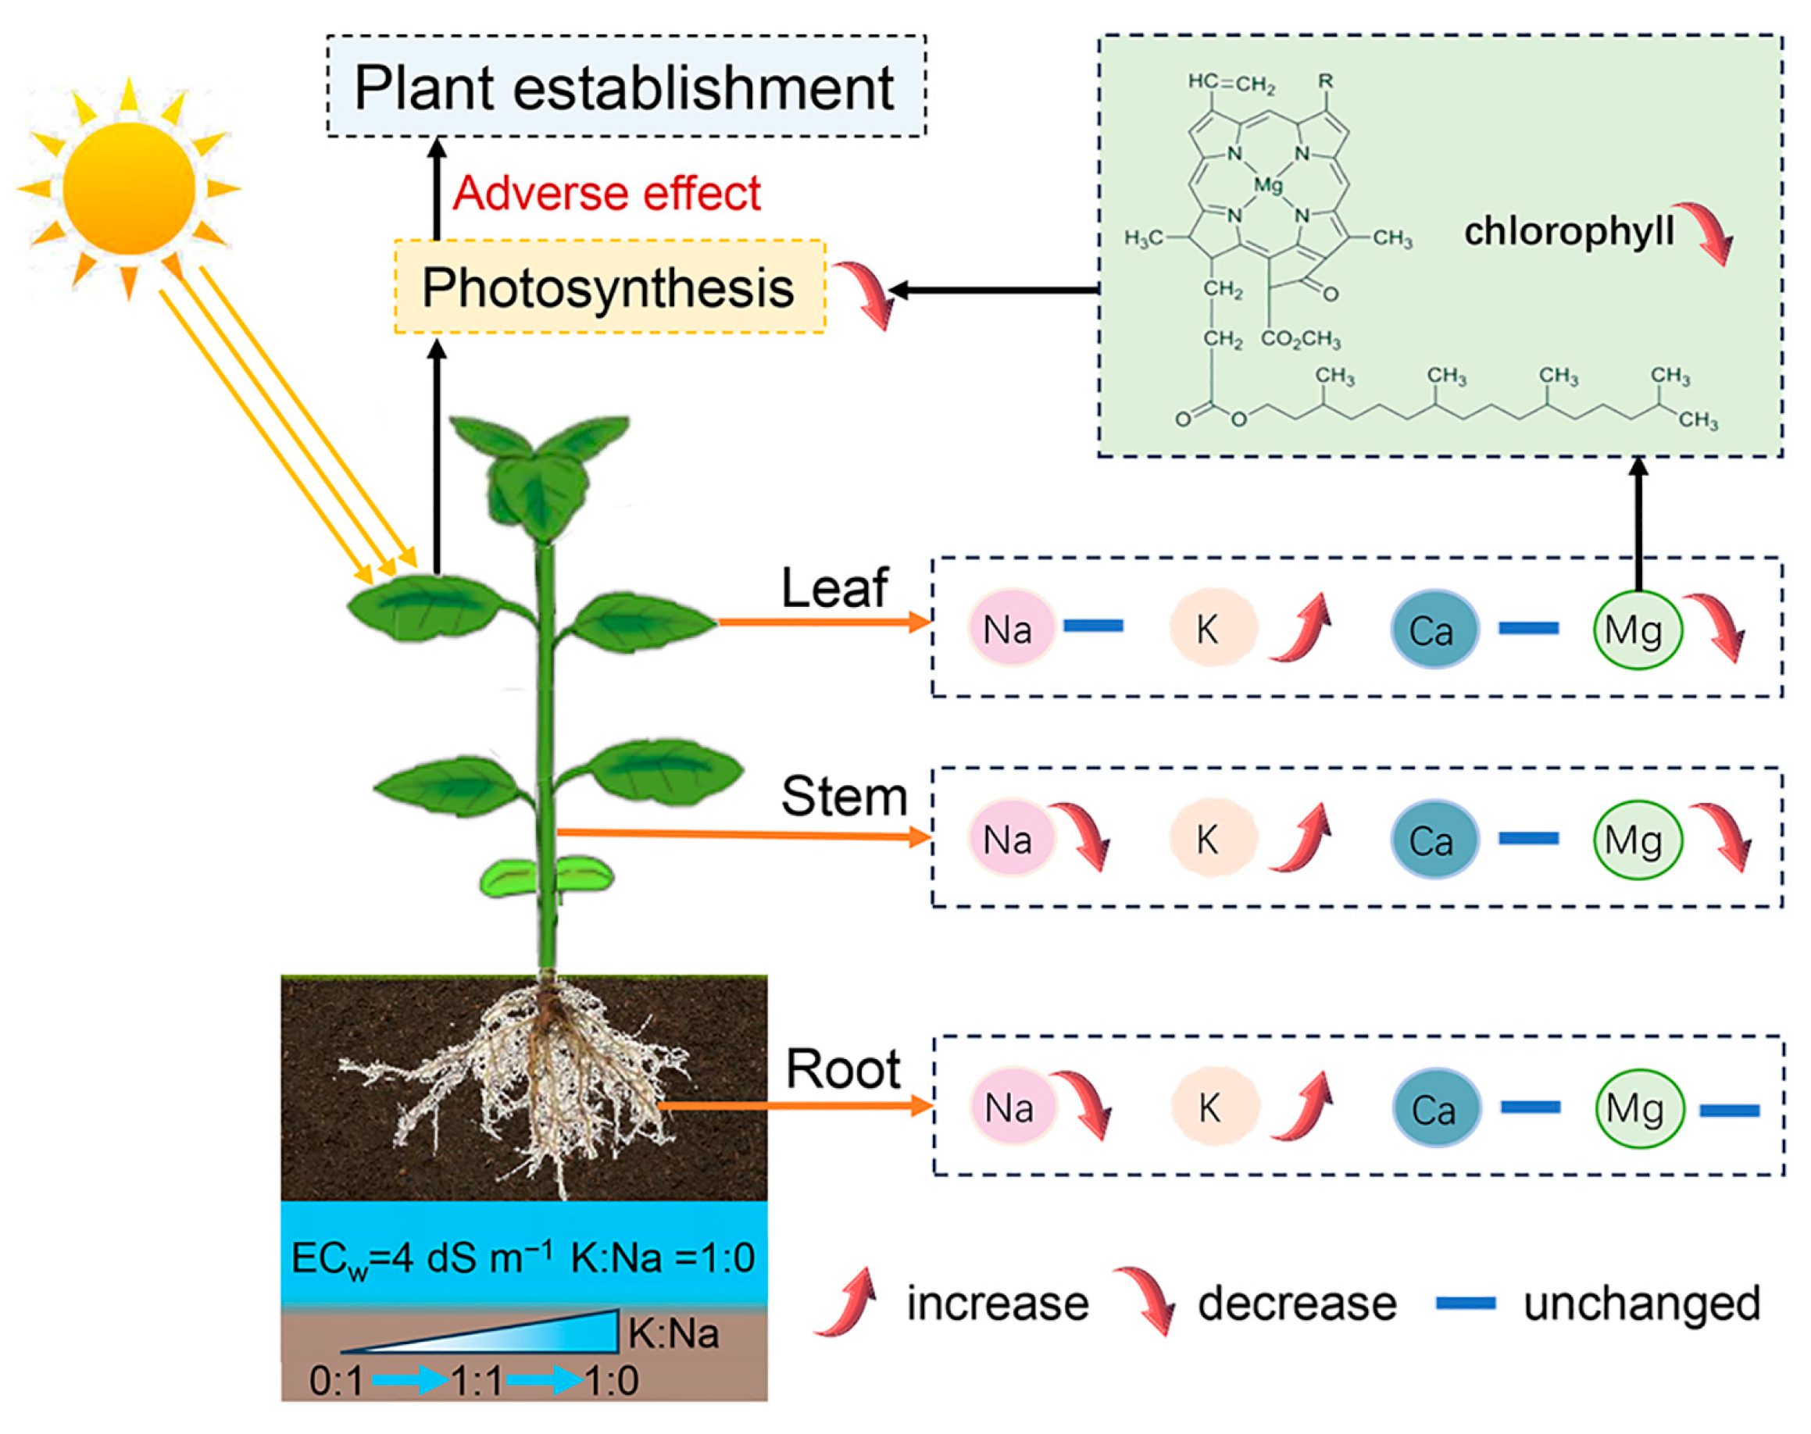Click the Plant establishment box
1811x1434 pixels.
(x=625, y=87)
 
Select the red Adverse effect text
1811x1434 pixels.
(x=606, y=193)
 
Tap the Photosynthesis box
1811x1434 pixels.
(x=609, y=287)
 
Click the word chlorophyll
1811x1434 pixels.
(x=1567, y=231)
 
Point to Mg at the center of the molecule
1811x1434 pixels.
(x=1267, y=184)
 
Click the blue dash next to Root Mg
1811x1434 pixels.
(x=1729, y=1111)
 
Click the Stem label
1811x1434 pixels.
(x=843, y=796)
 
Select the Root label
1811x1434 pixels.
(x=842, y=1068)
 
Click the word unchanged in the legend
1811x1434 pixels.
(x=1641, y=1304)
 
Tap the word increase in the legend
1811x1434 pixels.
(x=997, y=1304)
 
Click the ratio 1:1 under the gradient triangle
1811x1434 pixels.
(x=477, y=1380)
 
